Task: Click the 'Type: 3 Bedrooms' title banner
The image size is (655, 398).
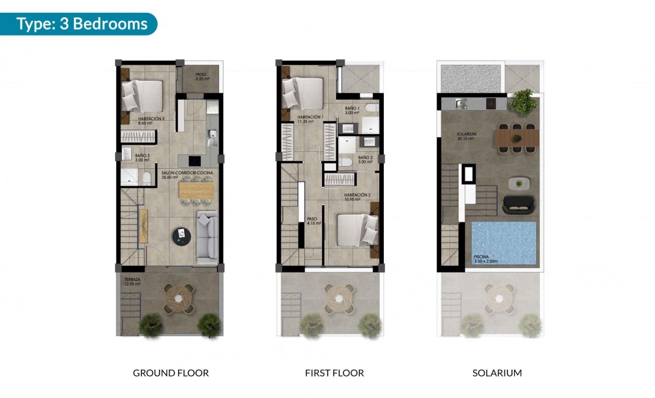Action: point(81,24)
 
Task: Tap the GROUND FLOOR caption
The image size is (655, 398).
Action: point(171,372)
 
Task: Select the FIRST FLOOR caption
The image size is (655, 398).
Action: point(334,372)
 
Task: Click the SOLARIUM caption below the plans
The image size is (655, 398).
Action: point(497,372)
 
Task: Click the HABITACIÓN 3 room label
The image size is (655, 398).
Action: point(151,121)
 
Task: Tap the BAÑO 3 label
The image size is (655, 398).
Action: point(143,157)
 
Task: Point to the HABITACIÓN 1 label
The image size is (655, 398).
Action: point(310,119)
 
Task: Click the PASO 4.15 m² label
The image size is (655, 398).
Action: point(313,221)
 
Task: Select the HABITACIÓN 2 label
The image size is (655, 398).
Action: point(357,197)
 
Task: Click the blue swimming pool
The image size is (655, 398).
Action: point(504,242)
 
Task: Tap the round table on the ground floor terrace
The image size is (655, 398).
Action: point(179,298)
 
